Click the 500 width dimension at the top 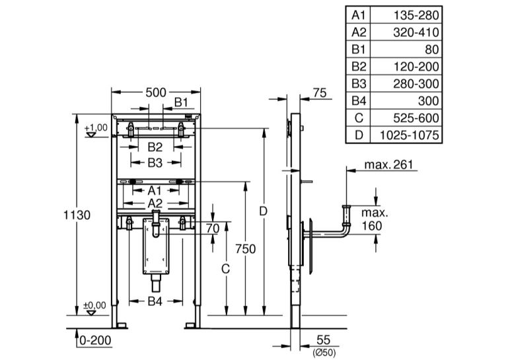(155, 92)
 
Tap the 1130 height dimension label (77, 215)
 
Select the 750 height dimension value (245, 249)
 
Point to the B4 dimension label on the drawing (155, 301)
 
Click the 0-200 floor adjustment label (95, 340)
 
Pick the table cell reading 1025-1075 (409, 135)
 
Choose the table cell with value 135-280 (416, 15)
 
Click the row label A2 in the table (359, 32)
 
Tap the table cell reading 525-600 (416, 118)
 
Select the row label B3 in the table (359, 84)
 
